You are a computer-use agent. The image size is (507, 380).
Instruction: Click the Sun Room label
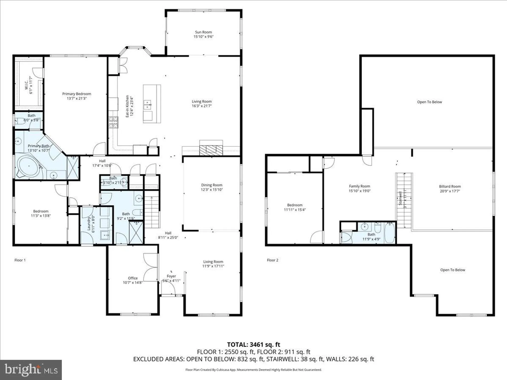(x=203, y=32)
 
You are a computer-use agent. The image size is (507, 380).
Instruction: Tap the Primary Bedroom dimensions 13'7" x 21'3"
(x=77, y=99)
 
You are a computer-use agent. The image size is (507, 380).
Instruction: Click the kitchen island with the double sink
(x=152, y=104)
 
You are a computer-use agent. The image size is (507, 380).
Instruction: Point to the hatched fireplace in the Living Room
(x=211, y=150)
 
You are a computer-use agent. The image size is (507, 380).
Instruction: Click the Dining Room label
(x=212, y=185)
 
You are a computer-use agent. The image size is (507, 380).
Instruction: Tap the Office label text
(x=133, y=278)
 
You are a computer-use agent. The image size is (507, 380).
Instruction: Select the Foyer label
(x=171, y=276)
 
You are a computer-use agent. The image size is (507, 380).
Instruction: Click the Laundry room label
(x=89, y=223)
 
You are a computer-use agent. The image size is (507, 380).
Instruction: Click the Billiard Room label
(x=450, y=186)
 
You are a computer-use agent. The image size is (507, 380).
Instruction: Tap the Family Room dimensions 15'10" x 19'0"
(x=359, y=191)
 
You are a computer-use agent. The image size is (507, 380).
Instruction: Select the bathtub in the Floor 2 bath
(x=389, y=232)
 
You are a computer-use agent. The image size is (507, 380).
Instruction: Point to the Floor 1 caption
(x=20, y=260)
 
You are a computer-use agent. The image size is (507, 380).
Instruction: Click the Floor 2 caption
(x=273, y=260)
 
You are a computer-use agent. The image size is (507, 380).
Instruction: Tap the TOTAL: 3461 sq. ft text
(x=253, y=345)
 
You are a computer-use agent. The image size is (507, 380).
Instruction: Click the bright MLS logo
(x=31, y=370)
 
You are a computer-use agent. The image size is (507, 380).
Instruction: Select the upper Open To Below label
(x=429, y=102)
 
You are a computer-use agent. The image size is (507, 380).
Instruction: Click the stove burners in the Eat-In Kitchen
(x=113, y=122)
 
